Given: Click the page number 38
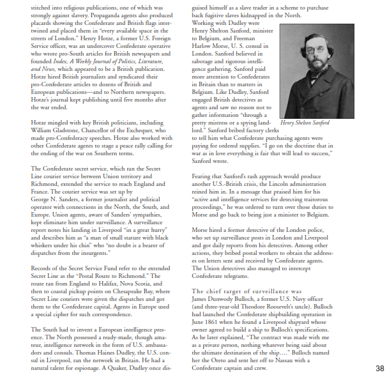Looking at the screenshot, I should [x=379, y=367].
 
